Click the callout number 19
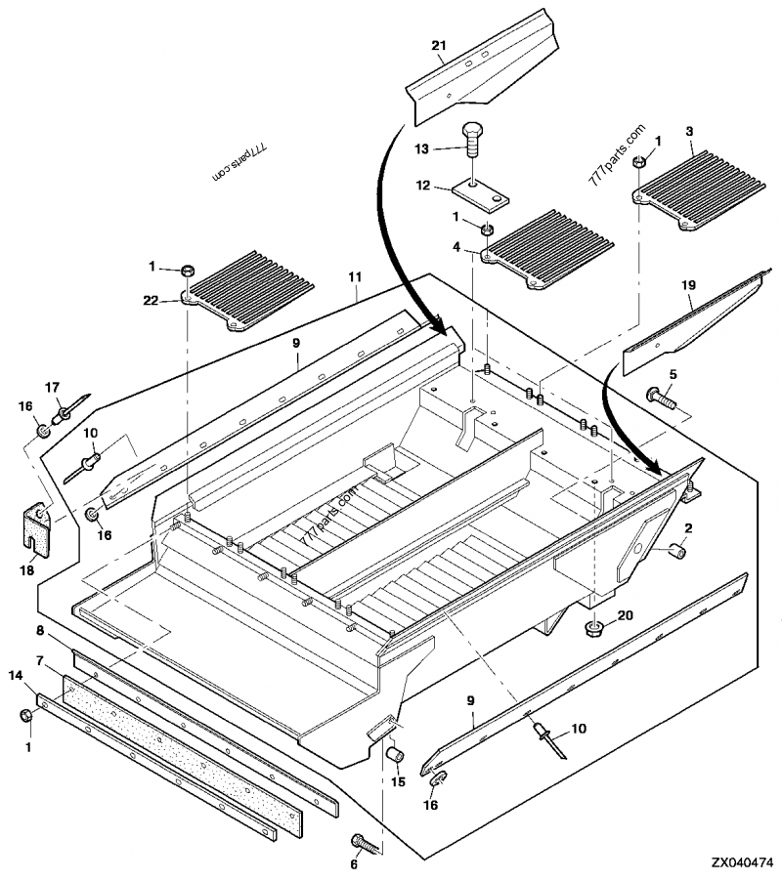click(688, 285)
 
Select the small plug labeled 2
click(676, 553)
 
